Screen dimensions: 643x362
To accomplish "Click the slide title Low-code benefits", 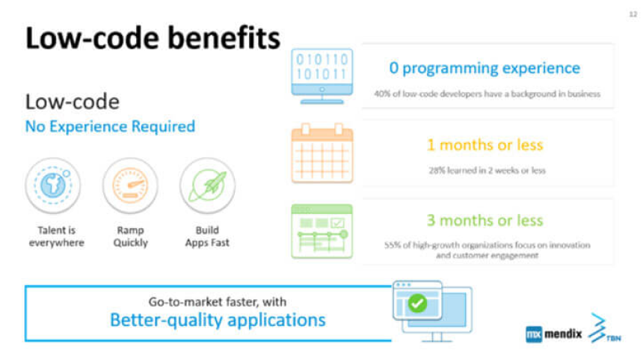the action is (153, 37).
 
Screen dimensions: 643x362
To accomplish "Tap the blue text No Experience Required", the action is (110, 126).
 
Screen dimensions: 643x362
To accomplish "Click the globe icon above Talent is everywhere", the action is (53, 185).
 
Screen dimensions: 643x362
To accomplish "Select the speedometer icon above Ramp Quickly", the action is (130, 185).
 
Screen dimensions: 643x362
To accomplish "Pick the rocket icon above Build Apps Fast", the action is (208, 185).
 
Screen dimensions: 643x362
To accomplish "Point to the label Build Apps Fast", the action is (207, 236).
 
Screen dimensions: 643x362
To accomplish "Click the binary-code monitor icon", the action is (322, 76).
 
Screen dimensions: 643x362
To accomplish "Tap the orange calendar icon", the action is (322, 153).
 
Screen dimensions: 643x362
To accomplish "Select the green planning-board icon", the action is (322, 231).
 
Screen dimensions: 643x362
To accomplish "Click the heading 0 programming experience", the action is (484, 68).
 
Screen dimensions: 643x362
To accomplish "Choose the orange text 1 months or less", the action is (484, 145).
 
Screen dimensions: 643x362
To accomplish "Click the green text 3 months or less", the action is (484, 221).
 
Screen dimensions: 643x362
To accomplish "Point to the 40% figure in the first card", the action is (382, 94).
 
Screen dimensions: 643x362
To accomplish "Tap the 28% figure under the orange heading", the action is (437, 171).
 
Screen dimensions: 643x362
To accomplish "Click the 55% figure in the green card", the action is (392, 245).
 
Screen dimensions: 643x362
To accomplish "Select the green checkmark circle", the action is (417, 304).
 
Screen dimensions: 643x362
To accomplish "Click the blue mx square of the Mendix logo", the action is (534, 334).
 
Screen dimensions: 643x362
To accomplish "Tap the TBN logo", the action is (604, 328).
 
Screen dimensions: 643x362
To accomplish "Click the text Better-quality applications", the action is (218, 320).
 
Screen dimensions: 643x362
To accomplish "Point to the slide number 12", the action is (633, 14).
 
